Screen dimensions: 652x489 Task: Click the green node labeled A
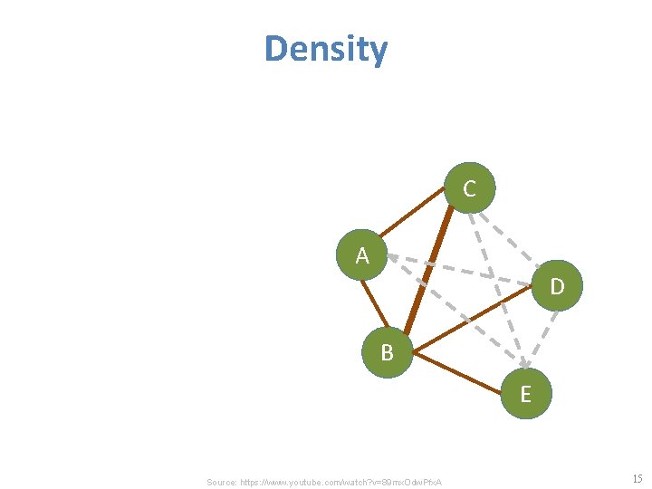[x=362, y=255]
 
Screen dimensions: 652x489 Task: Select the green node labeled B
[x=388, y=352]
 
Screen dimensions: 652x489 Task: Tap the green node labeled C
[x=469, y=188]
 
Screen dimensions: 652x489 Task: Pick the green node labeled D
[x=557, y=286]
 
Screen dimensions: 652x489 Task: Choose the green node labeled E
[x=525, y=394]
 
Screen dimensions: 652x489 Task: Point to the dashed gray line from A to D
[x=462, y=271]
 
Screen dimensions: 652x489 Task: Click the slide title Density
[x=326, y=49]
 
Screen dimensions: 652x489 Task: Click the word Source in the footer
[x=221, y=482]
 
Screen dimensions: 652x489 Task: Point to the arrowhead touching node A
[x=393, y=257]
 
